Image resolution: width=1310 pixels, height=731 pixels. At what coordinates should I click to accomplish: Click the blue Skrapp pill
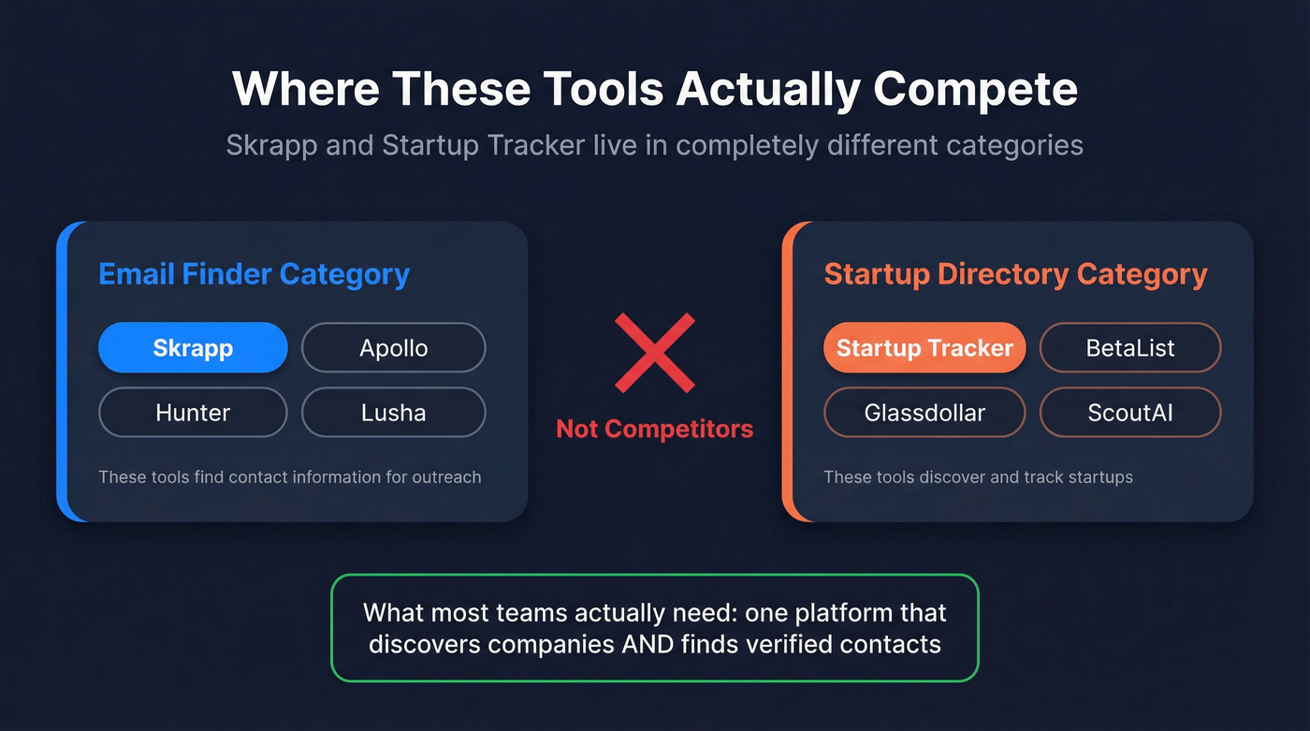click(193, 348)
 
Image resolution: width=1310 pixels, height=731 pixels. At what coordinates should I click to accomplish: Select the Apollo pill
click(393, 348)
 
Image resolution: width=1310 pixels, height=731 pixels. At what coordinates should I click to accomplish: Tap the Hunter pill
click(193, 412)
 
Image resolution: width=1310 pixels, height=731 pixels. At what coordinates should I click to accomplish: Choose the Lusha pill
click(393, 412)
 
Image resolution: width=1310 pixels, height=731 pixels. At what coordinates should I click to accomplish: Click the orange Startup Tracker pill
click(924, 348)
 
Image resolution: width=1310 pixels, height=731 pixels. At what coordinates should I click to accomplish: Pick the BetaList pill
click(1130, 348)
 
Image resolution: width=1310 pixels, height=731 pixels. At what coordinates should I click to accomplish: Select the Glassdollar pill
click(924, 412)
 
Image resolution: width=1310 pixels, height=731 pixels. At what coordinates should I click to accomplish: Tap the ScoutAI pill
click(1130, 412)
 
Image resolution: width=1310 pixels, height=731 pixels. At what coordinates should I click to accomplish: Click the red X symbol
click(655, 353)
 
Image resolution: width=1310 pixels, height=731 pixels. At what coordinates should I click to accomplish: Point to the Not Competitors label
click(655, 430)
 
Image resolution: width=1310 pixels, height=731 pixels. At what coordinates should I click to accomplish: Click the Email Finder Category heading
click(254, 274)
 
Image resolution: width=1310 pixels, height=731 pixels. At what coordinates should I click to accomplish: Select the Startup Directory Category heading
click(1015, 274)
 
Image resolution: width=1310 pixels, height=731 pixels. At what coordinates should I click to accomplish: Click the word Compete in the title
click(975, 90)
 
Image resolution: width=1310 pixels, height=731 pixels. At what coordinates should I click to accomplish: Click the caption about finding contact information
click(290, 477)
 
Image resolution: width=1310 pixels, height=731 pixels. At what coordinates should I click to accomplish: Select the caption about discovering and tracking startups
click(978, 477)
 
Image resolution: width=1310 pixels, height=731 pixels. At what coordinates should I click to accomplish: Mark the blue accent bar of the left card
click(64, 372)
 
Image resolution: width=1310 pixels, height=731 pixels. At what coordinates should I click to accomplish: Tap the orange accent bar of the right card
click(788, 372)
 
